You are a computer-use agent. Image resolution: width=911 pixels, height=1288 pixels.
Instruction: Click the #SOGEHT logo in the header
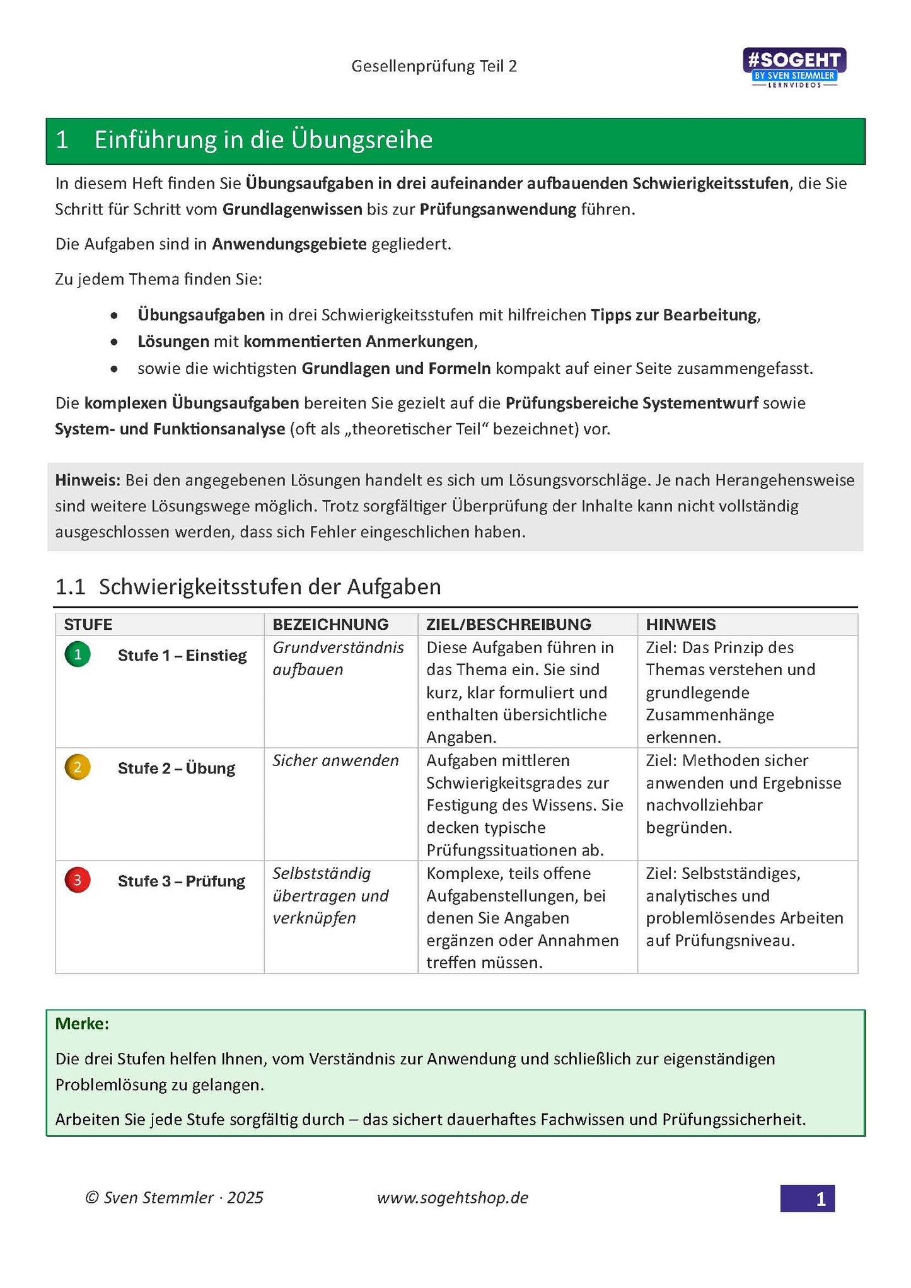tap(794, 67)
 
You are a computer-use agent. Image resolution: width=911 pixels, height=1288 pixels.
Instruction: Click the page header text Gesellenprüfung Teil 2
tap(434, 66)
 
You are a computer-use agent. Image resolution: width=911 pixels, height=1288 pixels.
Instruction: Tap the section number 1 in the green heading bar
tap(62, 140)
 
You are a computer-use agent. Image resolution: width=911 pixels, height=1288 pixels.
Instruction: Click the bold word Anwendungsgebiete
tap(289, 244)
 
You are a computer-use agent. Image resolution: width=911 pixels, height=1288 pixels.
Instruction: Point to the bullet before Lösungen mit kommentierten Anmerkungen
tap(113, 342)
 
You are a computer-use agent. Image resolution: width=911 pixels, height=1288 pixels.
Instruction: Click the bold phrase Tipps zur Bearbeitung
tap(673, 315)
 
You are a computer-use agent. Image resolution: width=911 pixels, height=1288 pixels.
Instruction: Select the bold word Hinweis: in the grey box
tap(87, 480)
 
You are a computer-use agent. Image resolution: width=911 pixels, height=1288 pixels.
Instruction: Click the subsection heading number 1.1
tap(70, 587)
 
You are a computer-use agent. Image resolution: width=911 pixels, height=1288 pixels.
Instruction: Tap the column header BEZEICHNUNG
tap(330, 624)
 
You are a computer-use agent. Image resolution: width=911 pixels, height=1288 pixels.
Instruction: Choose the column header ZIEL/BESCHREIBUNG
tap(508, 624)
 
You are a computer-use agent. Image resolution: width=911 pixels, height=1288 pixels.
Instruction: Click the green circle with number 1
tap(78, 654)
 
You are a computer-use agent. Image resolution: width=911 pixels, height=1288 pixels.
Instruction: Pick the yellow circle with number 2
tap(78, 767)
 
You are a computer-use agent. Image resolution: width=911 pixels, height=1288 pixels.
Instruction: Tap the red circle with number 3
tap(78, 880)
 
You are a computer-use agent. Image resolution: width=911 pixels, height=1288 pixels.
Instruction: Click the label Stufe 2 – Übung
tap(176, 769)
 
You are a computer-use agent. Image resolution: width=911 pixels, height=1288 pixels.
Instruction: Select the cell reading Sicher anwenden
tap(335, 760)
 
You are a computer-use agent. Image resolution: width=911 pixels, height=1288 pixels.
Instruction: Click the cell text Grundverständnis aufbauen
tap(338, 658)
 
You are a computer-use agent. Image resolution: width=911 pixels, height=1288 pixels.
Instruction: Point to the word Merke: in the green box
tap(82, 1024)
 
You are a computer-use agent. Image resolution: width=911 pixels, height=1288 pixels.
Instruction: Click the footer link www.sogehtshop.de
tap(452, 1198)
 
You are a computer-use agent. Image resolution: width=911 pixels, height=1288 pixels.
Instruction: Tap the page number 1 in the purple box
tap(820, 1199)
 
